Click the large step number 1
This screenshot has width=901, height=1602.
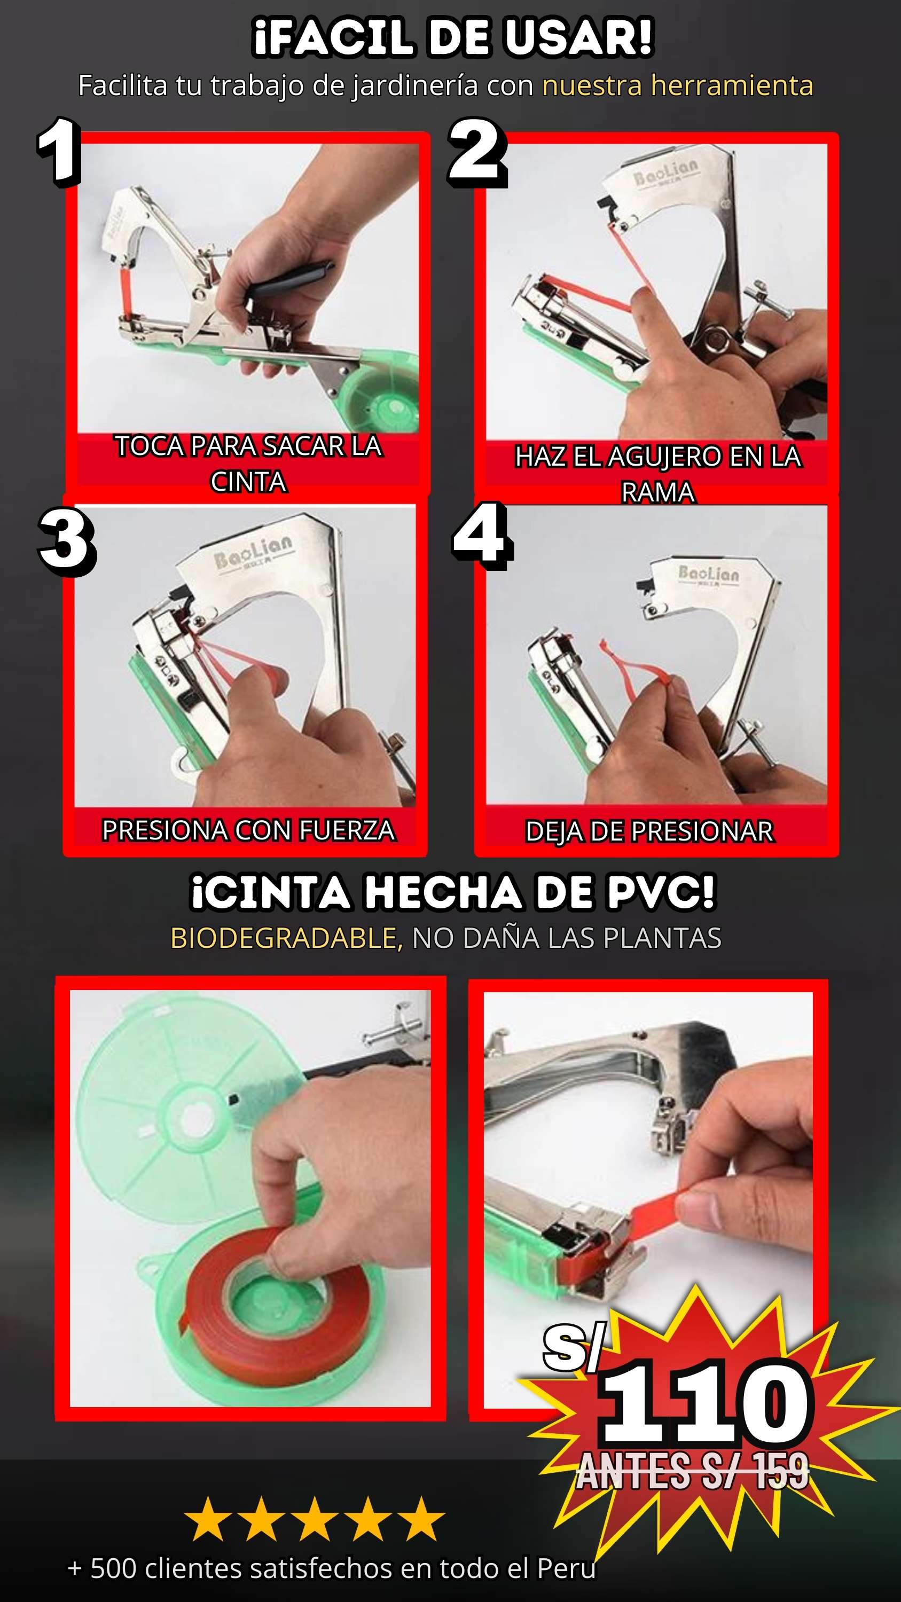(59, 151)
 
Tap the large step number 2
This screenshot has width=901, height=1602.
(476, 152)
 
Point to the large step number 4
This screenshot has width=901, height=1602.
(482, 536)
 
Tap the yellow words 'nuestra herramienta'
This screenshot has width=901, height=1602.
(677, 85)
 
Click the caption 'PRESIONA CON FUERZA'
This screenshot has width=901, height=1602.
(248, 830)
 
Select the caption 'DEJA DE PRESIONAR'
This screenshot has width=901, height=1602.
(649, 831)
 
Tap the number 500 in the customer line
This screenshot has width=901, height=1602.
(113, 1568)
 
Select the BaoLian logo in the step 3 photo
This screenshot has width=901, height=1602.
(253, 551)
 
